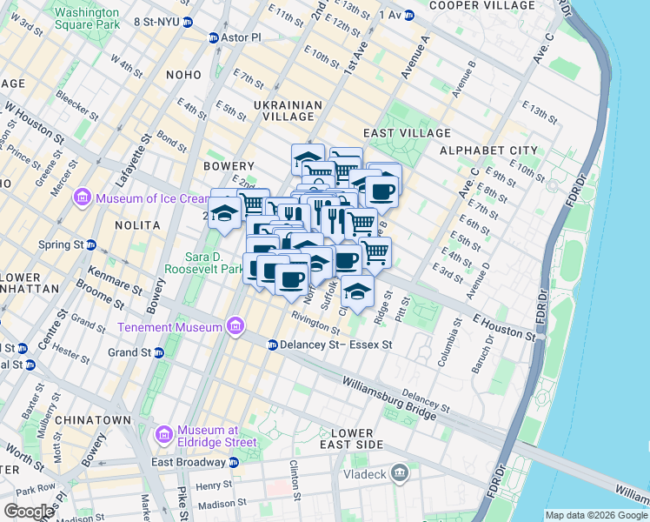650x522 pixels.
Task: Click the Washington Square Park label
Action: (x=87, y=19)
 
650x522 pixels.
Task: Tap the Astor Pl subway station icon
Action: (x=214, y=38)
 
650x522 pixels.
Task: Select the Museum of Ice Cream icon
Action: (x=83, y=198)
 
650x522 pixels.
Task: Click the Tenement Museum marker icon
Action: (x=234, y=327)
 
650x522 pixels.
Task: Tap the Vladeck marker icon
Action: (x=400, y=472)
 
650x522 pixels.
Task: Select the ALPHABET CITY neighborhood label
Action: (x=489, y=151)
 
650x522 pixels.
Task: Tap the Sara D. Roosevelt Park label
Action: (x=215, y=264)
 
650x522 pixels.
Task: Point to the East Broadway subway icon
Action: (x=233, y=462)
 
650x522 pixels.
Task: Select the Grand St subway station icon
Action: (x=159, y=352)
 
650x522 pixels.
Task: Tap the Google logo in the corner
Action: (x=29, y=512)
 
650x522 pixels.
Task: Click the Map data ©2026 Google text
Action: (x=596, y=515)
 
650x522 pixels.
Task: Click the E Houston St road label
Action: (x=504, y=327)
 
